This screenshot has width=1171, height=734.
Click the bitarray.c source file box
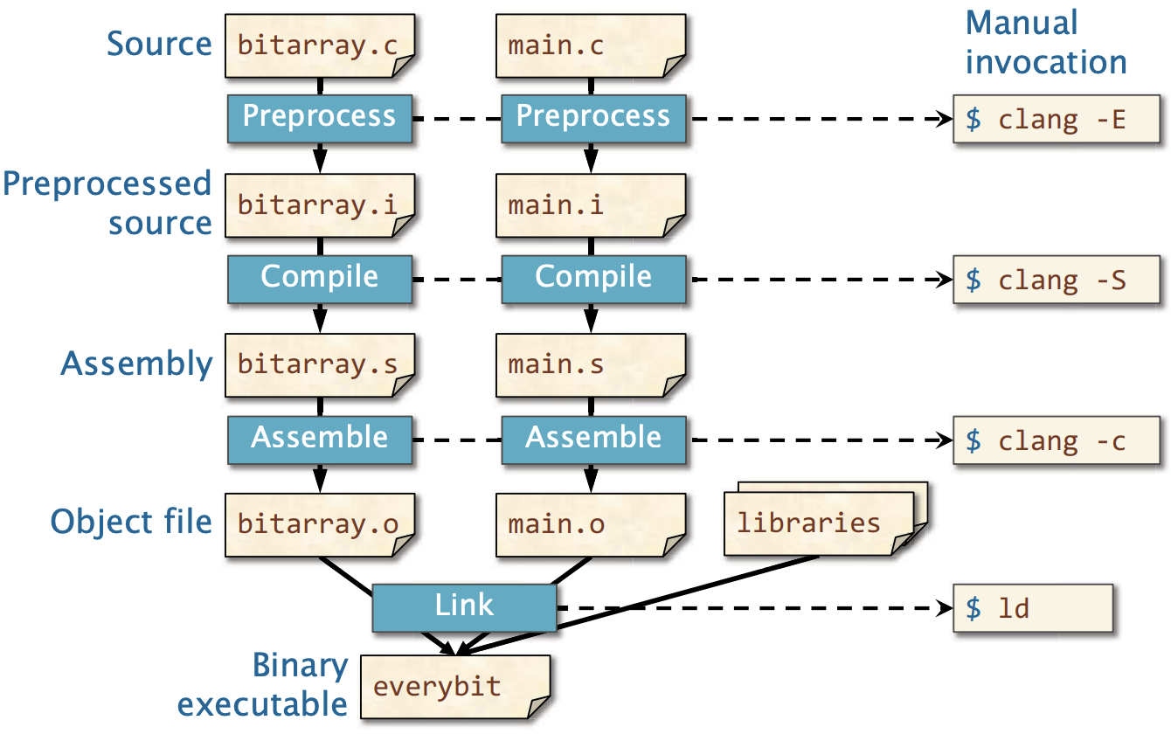(320, 46)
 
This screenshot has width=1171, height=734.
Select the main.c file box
(591, 46)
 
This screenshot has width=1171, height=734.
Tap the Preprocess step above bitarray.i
(320, 119)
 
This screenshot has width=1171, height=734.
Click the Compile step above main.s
(594, 279)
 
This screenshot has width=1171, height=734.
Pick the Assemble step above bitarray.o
(320, 440)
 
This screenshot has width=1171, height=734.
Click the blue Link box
(465, 607)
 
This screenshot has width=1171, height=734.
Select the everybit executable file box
(455, 687)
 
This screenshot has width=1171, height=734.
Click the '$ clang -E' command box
(1057, 119)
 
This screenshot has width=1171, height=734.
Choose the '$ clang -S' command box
(1057, 279)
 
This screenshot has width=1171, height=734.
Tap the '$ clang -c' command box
(1057, 440)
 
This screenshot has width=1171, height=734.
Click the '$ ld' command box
(1033, 608)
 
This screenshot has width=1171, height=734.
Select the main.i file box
(591, 206)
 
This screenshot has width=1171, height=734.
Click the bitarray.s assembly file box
(320, 365)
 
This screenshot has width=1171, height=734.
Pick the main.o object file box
(591, 525)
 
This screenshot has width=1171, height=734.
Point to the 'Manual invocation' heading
(1045, 43)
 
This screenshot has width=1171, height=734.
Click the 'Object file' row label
(131, 521)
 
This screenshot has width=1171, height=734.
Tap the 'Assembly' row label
(136, 364)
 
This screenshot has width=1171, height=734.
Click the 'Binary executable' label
(262, 685)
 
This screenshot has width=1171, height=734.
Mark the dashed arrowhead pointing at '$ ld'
(946, 608)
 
